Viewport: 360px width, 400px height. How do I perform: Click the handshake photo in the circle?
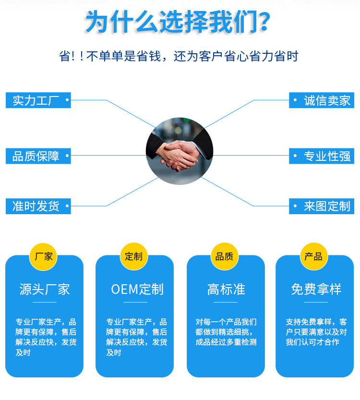179,151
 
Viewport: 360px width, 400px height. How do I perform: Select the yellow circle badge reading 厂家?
44,256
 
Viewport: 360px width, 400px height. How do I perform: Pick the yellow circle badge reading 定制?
134,256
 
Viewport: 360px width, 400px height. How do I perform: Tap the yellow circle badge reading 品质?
224,256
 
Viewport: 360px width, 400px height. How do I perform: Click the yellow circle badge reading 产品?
314,256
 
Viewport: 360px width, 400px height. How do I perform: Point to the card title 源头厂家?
44,289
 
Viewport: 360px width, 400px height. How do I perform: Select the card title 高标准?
226,289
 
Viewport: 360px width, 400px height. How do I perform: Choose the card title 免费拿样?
316,289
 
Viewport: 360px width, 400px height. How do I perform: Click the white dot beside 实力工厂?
66,100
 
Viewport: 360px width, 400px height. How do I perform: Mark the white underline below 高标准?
226,302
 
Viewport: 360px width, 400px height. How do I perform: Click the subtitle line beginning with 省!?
179,56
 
